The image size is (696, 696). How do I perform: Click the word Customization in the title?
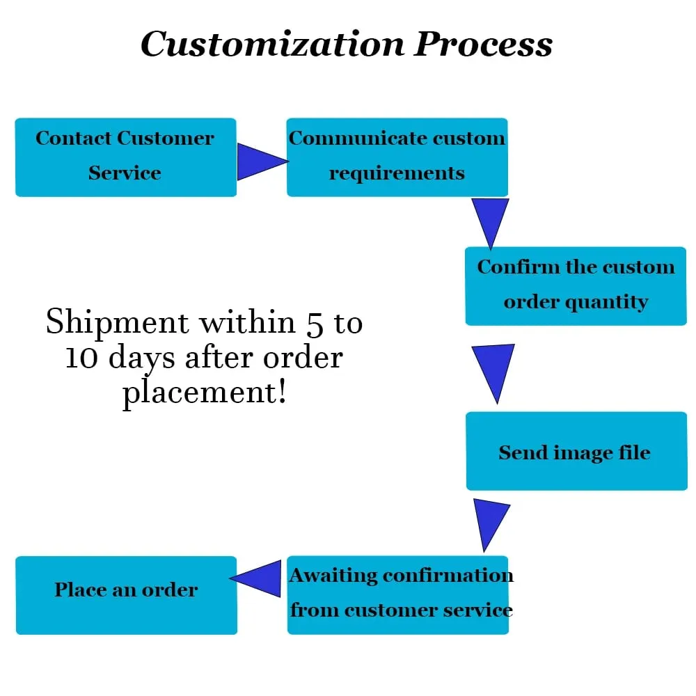pyautogui.click(x=272, y=44)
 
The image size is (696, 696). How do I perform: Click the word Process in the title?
pyautogui.click(x=483, y=44)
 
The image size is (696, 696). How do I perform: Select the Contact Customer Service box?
pyautogui.click(x=125, y=157)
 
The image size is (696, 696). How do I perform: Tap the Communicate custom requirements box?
pyautogui.click(x=397, y=157)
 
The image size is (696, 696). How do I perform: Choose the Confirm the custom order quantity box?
pyautogui.click(x=576, y=286)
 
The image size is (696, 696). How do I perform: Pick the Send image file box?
pyautogui.click(x=576, y=451)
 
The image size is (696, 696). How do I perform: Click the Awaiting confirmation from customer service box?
pyautogui.click(x=397, y=595)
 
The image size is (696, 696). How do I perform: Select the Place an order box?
pyautogui.click(x=127, y=595)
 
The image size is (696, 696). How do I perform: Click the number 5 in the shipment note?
pyautogui.click(x=315, y=324)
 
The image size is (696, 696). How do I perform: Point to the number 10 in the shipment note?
pyautogui.click(x=81, y=358)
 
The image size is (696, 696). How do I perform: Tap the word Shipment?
pyautogui.click(x=118, y=323)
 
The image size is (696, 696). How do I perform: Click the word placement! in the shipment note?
pyautogui.click(x=205, y=393)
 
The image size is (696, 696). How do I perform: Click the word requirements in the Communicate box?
pyautogui.click(x=397, y=173)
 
